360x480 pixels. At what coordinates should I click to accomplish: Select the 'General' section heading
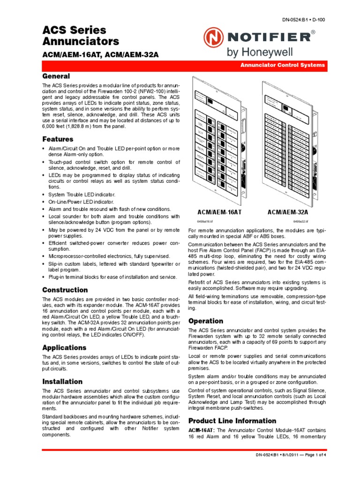point(56,76)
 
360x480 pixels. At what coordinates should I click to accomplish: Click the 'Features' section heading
point(58,139)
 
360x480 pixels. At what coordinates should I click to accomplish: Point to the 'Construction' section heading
point(65,290)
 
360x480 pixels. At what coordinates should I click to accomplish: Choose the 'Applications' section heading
point(64,347)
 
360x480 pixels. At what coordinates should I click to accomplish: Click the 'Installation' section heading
point(62,381)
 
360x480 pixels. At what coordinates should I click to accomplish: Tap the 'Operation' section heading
point(205,321)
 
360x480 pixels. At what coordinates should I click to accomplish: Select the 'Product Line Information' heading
point(232,420)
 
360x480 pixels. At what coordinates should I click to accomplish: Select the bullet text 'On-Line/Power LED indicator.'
point(81,202)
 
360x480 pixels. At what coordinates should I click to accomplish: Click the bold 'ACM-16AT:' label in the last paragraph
point(201,430)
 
